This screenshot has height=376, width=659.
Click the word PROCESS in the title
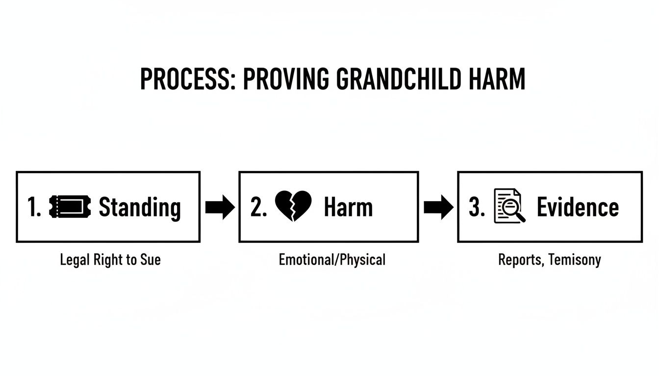(x=185, y=79)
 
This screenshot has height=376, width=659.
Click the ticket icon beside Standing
(x=70, y=207)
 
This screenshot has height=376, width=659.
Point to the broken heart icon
(x=293, y=207)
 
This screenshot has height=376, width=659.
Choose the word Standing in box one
(x=140, y=208)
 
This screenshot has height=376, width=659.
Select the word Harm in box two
(x=348, y=207)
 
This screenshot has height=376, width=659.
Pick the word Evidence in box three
(x=578, y=207)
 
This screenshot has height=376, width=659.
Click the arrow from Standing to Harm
(x=219, y=207)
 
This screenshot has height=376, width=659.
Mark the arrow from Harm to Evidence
(x=438, y=207)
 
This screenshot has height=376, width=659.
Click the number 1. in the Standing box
(x=34, y=208)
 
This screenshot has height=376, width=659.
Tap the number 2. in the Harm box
(x=258, y=208)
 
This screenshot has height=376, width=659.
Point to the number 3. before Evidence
(x=477, y=208)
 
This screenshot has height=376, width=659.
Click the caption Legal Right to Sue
(x=110, y=259)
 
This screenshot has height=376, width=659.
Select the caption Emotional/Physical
(x=332, y=259)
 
